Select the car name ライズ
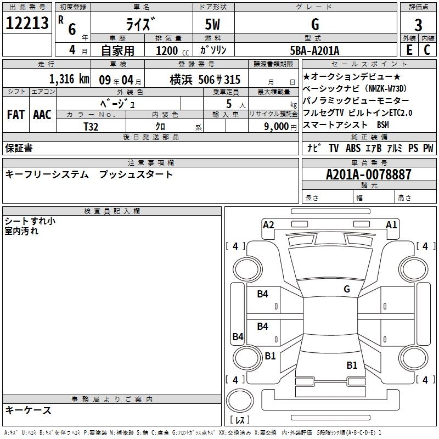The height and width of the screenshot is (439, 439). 141,25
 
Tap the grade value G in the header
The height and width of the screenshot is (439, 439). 314,24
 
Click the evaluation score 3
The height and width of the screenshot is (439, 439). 418,25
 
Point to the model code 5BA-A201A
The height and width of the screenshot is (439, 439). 314,50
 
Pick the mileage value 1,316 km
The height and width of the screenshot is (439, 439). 69,78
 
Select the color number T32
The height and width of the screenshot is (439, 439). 91,127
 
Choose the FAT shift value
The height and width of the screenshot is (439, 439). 15,115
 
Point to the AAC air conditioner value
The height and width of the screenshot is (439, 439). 42,115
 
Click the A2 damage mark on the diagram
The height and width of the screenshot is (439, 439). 268,224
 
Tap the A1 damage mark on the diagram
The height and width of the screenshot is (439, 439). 391,224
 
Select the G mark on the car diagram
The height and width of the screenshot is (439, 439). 347,289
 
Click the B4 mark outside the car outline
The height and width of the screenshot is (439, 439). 238,337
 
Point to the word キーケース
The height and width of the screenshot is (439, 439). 29,410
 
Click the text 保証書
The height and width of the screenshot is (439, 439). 19,148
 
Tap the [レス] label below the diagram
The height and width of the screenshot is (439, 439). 240,420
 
